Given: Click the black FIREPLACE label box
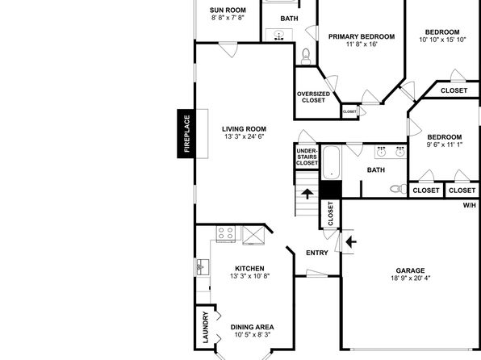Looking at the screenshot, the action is pyautogui.click(x=186, y=133).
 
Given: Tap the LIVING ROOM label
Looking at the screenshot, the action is pyautogui.click(x=245, y=129).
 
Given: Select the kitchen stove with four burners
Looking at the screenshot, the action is pyautogui.click(x=226, y=233).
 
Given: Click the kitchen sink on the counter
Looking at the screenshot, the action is pyautogui.click(x=203, y=267).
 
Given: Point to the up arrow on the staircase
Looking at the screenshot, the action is pyautogui.click(x=307, y=194).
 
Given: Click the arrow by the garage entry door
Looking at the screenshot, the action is pyautogui.click(x=351, y=242).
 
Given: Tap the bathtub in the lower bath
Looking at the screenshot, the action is pyautogui.click(x=332, y=163).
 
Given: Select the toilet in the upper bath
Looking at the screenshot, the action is pyautogui.click(x=306, y=57).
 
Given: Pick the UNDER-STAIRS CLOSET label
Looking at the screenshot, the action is pyautogui.click(x=307, y=157).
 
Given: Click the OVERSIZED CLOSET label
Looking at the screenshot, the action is pyautogui.click(x=313, y=97).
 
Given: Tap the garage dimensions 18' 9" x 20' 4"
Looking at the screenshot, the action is pyautogui.click(x=411, y=278).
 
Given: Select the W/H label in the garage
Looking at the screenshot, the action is pyautogui.click(x=470, y=205).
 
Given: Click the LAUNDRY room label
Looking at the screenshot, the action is pyautogui.click(x=206, y=327).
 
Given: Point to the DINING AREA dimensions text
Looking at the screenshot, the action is pyautogui.click(x=253, y=335).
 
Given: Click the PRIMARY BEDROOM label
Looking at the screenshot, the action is pyautogui.click(x=362, y=36).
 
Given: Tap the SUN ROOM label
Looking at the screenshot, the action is pyautogui.click(x=228, y=10).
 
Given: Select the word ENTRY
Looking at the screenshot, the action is pyautogui.click(x=317, y=253).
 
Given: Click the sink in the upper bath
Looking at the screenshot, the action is pyautogui.click(x=279, y=35).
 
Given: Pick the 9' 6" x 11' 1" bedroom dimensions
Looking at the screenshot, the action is pyautogui.click(x=445, y=144).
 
